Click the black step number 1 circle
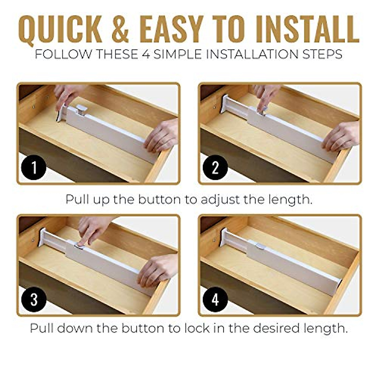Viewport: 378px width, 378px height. (x=34, y=167)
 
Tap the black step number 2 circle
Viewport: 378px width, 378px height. (x=215, y=167)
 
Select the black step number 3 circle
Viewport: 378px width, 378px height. (x=34, y=300)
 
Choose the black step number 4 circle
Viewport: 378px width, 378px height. (x=215, y=300)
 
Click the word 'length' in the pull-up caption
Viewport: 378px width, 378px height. (x=290, y=199)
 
